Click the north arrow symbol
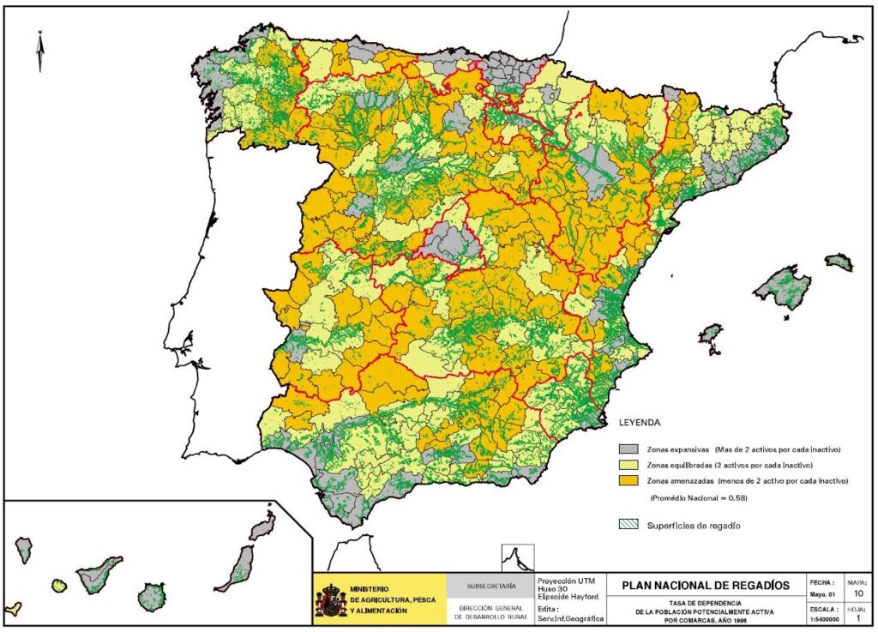40,51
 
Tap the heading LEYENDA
640,423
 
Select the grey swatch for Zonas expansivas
628,449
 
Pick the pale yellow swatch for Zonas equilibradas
628,466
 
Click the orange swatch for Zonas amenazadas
628,482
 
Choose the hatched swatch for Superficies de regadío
628,524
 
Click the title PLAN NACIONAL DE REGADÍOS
700,585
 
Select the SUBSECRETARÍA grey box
490,587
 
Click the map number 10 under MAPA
859,592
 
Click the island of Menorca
839,262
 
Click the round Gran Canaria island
152,596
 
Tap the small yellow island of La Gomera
58,586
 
